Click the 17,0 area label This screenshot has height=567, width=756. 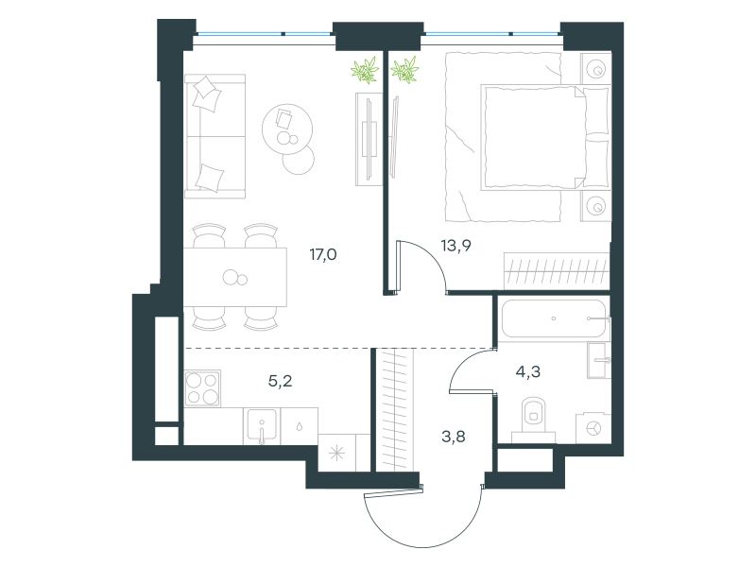pos(323,254)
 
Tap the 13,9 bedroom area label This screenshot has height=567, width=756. pos(456,246)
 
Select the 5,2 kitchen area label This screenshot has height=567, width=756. pos(280,382)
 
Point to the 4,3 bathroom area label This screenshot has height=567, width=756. pos(528,371)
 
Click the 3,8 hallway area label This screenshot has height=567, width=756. pos(454,437)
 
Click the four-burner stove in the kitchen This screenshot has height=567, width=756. pos(202,388)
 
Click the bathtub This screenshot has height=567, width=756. pos(554,318)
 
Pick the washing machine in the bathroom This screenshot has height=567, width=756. pos(593,428)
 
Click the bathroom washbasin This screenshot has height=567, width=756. pos(599,360)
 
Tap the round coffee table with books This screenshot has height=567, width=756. pos(287,129)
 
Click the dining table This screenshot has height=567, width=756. pos(235,277)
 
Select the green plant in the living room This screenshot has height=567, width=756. pos(365,70)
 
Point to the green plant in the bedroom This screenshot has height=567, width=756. pos(404,70)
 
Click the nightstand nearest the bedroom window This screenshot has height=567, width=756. pos(596,68)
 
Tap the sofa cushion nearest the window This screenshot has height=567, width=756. pos(207,94)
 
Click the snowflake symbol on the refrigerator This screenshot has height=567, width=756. pos(336,454)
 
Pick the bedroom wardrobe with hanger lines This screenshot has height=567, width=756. pos(557,271)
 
